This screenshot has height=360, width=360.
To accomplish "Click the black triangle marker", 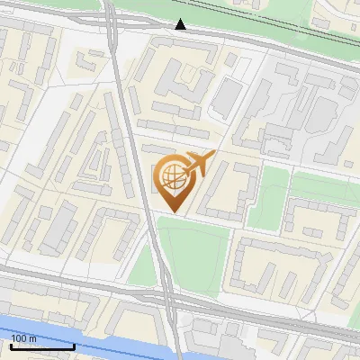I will click(181, 24).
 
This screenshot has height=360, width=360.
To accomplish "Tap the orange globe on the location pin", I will click(173, 175).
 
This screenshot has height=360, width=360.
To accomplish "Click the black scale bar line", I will click(41, 346).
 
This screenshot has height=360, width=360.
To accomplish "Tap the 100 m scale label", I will click(23, 338).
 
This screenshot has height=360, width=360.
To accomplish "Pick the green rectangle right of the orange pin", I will click(268, 198).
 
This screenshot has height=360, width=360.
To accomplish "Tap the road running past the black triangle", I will click(234, 40).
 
